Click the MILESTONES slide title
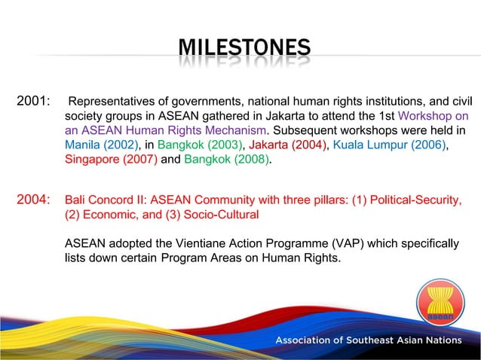244,50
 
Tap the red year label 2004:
33,200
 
